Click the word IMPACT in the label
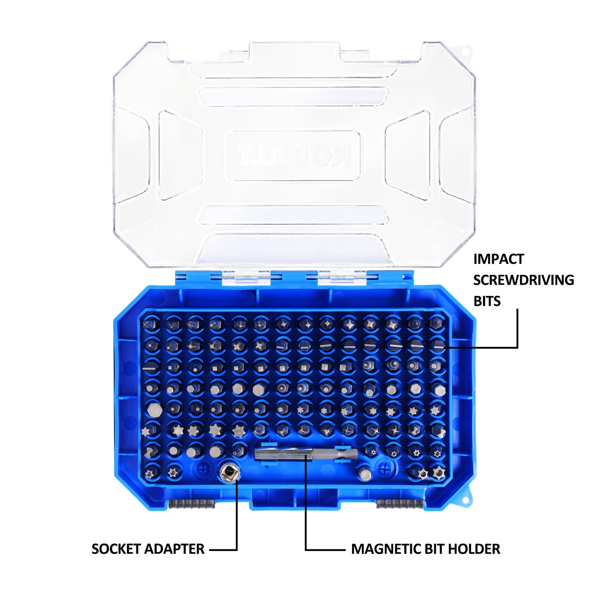[499, 259]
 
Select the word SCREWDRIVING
[523, 280]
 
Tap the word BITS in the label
[487, 301]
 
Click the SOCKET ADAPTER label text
[148, 549]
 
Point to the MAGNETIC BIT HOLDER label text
[425, 549]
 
